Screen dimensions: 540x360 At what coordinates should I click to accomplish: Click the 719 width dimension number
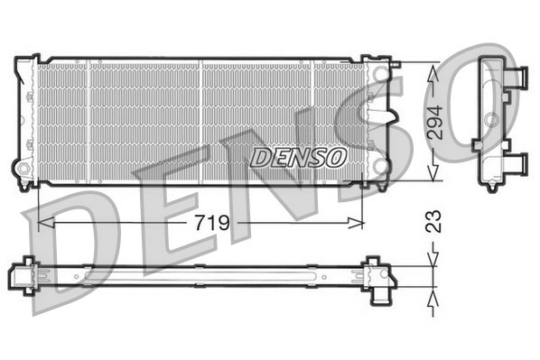coord(212,223)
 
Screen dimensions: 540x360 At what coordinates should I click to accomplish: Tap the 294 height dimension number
coord(434,123)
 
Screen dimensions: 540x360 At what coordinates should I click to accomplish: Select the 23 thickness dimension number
coord(434,221)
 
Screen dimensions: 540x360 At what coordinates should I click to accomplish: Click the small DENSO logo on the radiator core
coord(298,158)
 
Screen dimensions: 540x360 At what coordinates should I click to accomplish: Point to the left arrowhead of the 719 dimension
coord(46,223)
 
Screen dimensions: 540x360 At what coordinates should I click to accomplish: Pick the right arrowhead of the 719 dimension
coord(356,223)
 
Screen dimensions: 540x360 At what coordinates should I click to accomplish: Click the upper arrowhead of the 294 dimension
coord(433,73)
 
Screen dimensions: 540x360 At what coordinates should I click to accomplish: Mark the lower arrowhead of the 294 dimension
coord(433,171)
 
